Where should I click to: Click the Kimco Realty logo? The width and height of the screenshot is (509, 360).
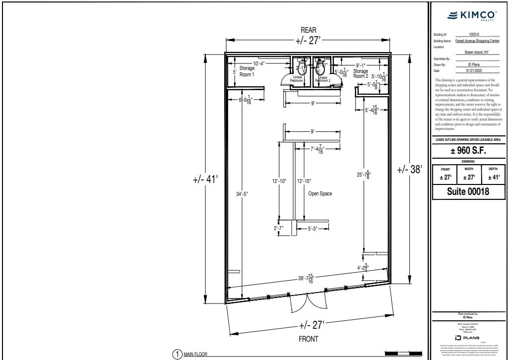469,16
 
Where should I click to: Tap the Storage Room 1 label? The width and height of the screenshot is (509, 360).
247,71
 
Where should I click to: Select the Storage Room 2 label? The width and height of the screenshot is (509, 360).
361,74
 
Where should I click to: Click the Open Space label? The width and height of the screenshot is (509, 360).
320,193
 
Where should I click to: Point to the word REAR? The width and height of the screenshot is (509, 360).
308,30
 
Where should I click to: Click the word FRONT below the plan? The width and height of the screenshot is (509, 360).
308,339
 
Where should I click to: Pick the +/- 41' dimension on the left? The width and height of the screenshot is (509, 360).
205,179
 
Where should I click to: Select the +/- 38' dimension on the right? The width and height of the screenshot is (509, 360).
409,170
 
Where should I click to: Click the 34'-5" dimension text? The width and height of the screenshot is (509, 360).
242,194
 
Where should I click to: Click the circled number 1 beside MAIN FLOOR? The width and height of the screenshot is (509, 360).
177,354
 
